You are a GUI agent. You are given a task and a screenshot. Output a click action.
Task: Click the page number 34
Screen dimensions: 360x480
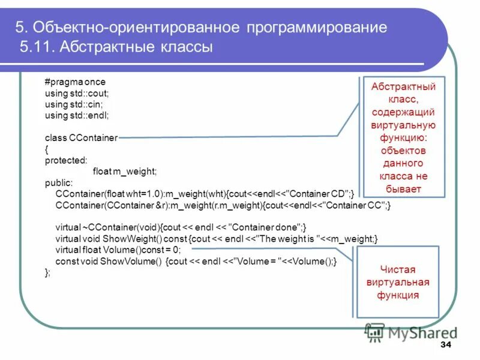pyautogui.click(x=446, y=345)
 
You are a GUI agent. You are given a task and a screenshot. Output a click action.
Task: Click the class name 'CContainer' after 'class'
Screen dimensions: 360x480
pyautogui.click(x=94, y=137)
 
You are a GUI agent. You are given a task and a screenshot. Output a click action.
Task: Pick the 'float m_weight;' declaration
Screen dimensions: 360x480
pyautogui.click(x=125, y=172)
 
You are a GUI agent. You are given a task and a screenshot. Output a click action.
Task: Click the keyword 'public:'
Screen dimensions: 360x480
pyautogui.click(x=59, y=182)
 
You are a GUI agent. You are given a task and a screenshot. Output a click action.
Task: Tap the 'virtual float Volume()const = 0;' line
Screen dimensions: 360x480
pyautogui.click(x=118, y=250)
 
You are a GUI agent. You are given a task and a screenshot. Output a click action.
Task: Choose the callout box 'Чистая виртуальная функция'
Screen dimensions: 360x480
pyautogui.click(x=398, y=282)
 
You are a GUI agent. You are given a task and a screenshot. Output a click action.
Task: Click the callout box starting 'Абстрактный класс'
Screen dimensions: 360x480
pyautogui.click(x=403, y=137)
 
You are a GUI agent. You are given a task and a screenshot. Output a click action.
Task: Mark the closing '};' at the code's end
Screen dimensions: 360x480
pyautogui.click(x=49, y=272)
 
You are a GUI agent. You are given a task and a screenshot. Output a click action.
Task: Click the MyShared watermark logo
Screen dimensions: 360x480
pyautogui.click(x=411, y=332)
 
